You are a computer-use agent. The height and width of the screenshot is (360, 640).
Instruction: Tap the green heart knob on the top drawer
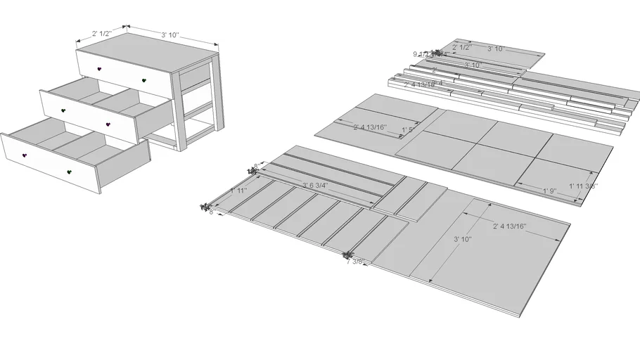[x=144, y=82]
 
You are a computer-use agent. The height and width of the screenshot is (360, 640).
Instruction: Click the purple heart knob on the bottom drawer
[x=24, y=155]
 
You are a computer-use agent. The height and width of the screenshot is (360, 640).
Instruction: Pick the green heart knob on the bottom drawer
[x=69, y=171]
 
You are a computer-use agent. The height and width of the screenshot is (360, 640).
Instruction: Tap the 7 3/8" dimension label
[x=356, y=262]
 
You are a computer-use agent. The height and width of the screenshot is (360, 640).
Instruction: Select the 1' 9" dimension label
[x=550, y=191]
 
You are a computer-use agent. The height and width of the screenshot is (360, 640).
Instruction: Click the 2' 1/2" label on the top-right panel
[x=461, y=47]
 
